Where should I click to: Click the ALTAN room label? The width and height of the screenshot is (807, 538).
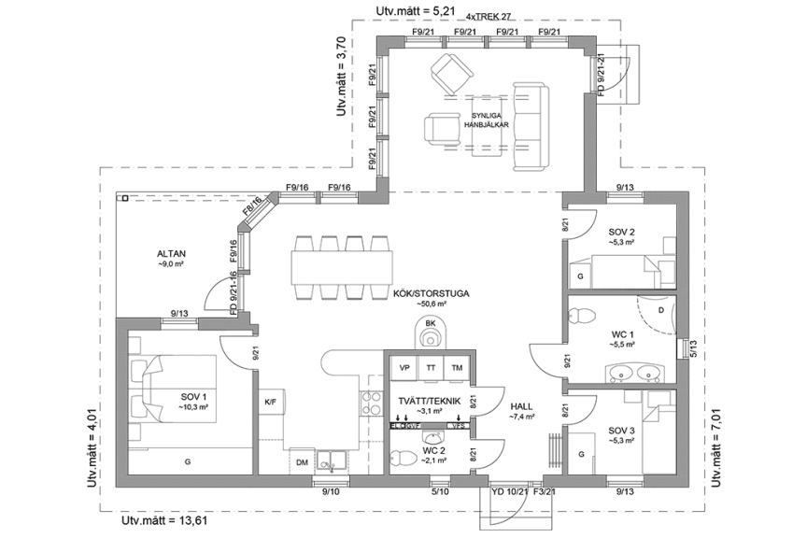(x=172, y=253)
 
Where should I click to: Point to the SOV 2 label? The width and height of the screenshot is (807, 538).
(x=621, y=233)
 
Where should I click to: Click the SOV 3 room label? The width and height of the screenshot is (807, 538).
(x=621, y=431)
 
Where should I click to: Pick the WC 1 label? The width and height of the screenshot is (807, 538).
(x=623, y=333)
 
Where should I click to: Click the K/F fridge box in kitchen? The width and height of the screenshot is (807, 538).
(x=271, y=403)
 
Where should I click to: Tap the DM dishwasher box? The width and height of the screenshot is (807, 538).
(x=302, y=462)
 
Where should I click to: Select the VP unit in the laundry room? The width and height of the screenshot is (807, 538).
(x=404, y=368)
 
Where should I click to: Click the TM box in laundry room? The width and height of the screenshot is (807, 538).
(x=457, y=368)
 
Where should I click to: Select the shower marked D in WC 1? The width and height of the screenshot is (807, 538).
(x=660, y=309)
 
